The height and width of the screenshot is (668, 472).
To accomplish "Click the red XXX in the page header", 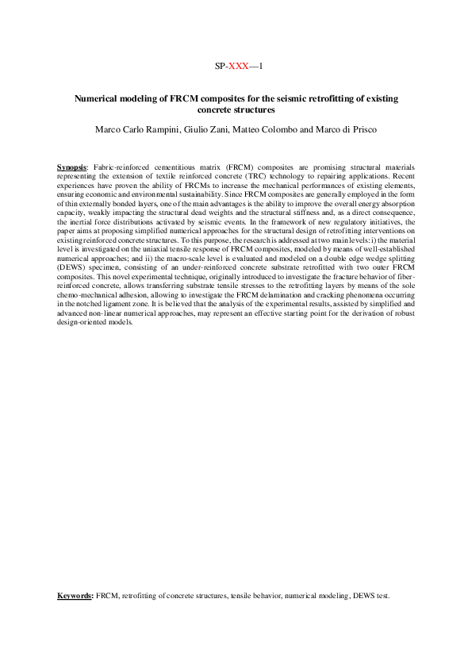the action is click(238, 67).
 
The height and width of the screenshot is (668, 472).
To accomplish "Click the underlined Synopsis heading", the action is click(73, 168).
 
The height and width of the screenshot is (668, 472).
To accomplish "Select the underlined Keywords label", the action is click(75, 595).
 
